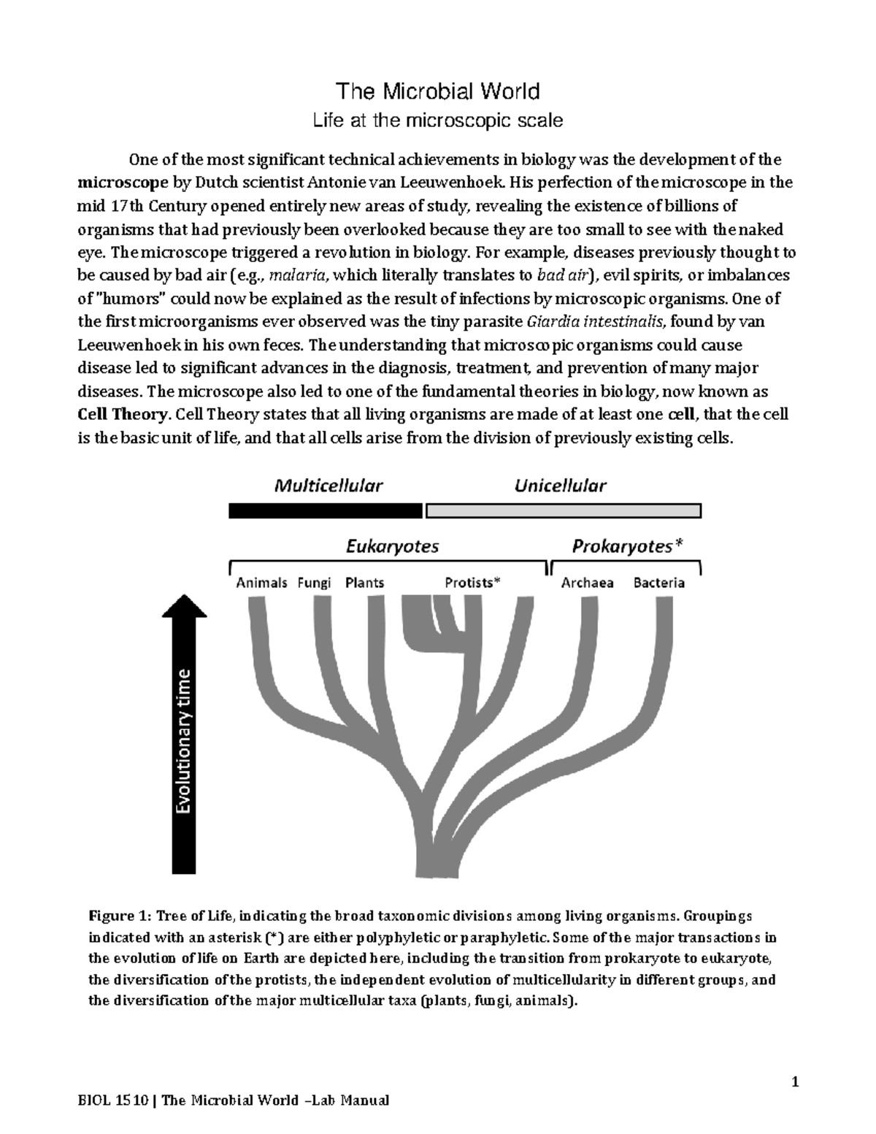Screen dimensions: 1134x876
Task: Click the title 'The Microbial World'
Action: coord(437,91)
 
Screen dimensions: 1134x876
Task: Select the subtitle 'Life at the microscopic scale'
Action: coord(437,120)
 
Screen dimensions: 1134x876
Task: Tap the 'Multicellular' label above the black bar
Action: coord(328,486)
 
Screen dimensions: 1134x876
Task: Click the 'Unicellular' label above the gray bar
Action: coord(560,486)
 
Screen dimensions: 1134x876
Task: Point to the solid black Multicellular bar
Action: coord(326,510)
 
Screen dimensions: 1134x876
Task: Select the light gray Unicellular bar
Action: coord(563,510)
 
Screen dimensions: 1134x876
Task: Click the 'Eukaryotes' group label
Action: coord(392,546)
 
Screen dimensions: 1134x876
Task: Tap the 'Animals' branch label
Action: coord(261,583)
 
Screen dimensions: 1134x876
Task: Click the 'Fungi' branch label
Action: coord(315,583)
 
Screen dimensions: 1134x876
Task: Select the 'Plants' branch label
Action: coord(364,583)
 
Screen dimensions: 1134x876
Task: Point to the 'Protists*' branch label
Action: coord(473,583)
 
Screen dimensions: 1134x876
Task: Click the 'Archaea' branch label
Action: coord(587,583)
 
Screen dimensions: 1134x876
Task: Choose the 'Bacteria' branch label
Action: coord(659,583)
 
